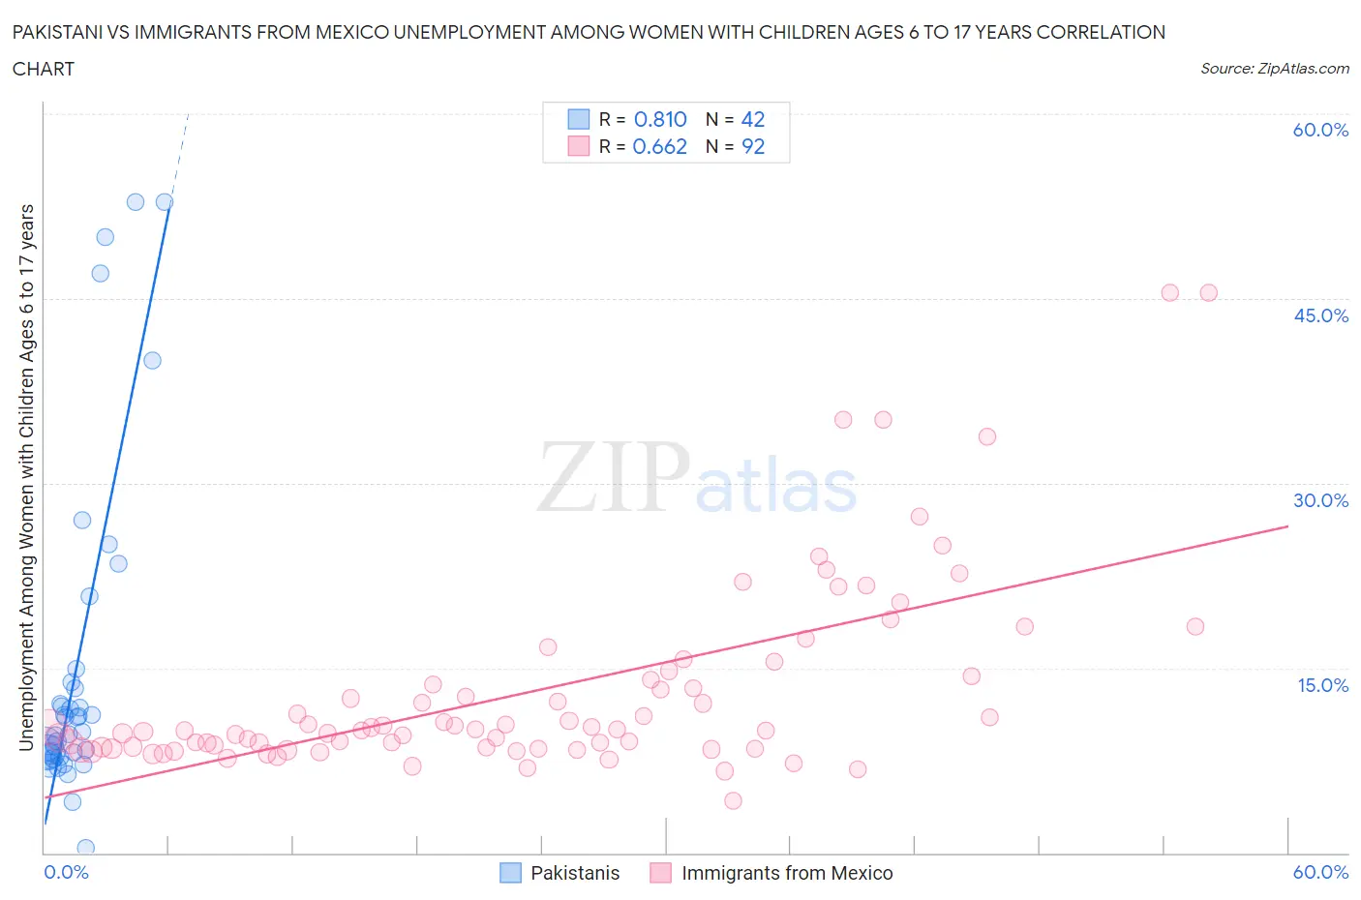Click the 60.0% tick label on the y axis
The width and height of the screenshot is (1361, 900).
[1320, 130]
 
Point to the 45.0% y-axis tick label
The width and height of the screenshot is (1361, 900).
[1320, 315]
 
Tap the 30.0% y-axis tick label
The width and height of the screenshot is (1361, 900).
[1320, 500]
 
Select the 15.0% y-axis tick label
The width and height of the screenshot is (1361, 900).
[1320, 685]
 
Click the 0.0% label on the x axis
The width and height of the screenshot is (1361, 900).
[66, 872]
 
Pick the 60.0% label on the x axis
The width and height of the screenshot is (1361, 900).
[1320, 872]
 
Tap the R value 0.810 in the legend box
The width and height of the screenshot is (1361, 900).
[660, 119]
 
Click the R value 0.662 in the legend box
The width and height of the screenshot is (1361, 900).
[659, 146]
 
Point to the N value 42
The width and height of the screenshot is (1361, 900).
[752, 119]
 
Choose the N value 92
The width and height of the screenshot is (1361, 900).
[752, 146]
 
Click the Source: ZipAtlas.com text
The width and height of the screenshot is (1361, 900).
[1274, 68]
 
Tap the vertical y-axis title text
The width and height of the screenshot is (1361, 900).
[26, 477]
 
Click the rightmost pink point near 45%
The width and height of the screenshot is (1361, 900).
[1208, 292]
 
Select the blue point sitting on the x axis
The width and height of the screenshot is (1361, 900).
[85, 848]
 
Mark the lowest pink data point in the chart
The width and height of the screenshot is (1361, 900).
[733, 800]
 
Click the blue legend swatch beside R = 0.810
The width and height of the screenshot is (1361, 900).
[578, 119]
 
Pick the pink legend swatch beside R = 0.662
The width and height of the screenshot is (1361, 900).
[578, 146]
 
